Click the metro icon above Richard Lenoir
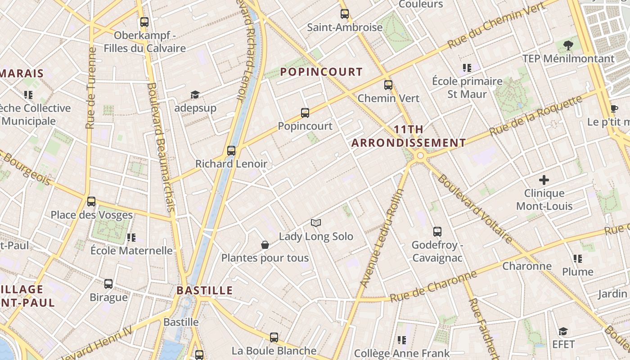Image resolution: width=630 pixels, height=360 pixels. pyautogui.click(x=231, y=151)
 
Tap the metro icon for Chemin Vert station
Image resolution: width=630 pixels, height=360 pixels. pyautogui.click(x=388, y=85)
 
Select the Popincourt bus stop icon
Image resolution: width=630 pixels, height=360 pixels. pyautogui.click(x=305, y=113)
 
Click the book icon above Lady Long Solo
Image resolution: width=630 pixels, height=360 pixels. pyautogui.click(x=316, y=223)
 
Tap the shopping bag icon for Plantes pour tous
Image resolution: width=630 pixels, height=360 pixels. pyautogui.click(x=265, y=245)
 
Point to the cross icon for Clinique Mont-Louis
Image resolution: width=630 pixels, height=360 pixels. pyautogui.click(x=544, y=180)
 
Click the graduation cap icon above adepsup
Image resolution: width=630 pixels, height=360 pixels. pyautogui.click(x=195, y=94)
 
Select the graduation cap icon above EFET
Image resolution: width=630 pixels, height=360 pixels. pyautogui.click(x=563, y=332)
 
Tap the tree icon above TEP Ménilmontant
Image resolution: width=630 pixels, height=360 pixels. pyautogui.click(x=568, y=45)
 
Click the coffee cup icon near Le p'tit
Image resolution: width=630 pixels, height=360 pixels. pyautogui.click(x=614, y=108)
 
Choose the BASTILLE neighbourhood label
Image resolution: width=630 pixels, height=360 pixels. pyautogui.click(x=205, y=290)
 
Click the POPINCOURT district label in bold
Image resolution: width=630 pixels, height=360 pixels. pyautogui.click(x=321, y=72)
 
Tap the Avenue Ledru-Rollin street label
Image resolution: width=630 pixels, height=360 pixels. pyautogui.click(x=382, y=238)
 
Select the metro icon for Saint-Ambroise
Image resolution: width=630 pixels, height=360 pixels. pyautogui.click(x=344, y=14)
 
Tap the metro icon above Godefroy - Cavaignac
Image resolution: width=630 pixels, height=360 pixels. pyautogui.click(x=437, y=232)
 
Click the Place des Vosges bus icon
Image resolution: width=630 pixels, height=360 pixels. pyautogui.click(x=91, y=201)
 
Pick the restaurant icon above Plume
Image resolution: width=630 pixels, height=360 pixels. pyautogui.click(x=578, y=259)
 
